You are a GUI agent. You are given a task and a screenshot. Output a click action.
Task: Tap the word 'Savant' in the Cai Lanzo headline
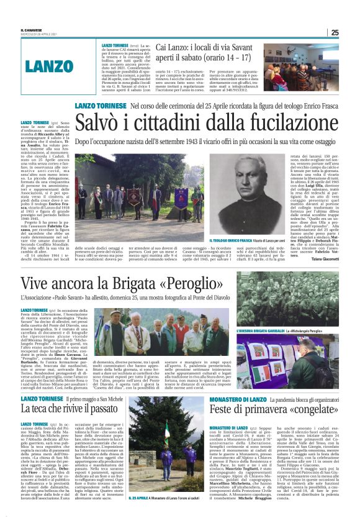point(245,48)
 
